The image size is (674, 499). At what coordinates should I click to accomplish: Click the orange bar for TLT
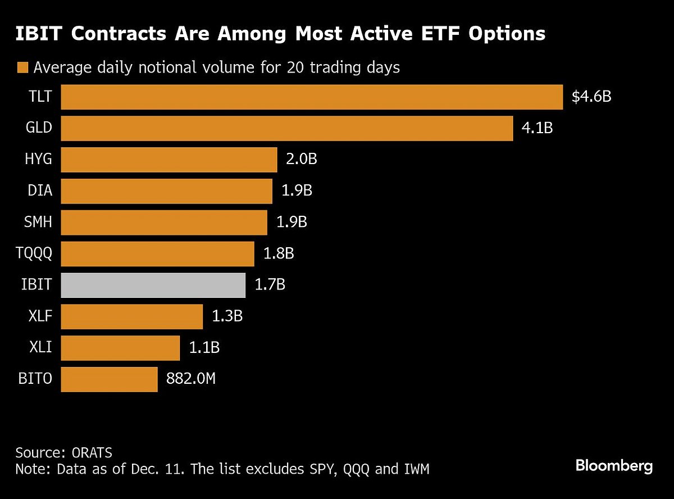tap(311, 97)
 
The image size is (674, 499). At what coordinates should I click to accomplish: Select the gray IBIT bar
tap(153, 285)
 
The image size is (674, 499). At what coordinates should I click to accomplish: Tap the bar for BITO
tap(109, 379)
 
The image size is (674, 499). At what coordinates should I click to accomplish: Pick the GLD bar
tap(286, 128)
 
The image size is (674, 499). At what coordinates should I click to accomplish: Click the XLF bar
tap(131, 316)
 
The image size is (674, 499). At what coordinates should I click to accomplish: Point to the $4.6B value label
tap(591, 97)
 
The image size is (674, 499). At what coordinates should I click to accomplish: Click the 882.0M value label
tap(191, 379)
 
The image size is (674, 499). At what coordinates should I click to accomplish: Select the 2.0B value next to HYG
tap(302, 160)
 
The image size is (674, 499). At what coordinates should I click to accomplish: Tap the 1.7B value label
tap(270, 285)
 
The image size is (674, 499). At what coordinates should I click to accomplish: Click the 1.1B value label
tap(204, 348)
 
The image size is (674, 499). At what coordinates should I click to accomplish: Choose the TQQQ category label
tap(34, 253)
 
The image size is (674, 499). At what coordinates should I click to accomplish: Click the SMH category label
tap(39, 222)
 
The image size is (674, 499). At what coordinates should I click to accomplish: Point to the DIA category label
tap(40, 190)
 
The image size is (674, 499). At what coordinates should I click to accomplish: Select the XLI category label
tap(41, 348)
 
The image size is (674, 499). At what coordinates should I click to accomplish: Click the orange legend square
tap(22, 68)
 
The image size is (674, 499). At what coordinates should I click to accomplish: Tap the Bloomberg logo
tap(614, 466)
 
